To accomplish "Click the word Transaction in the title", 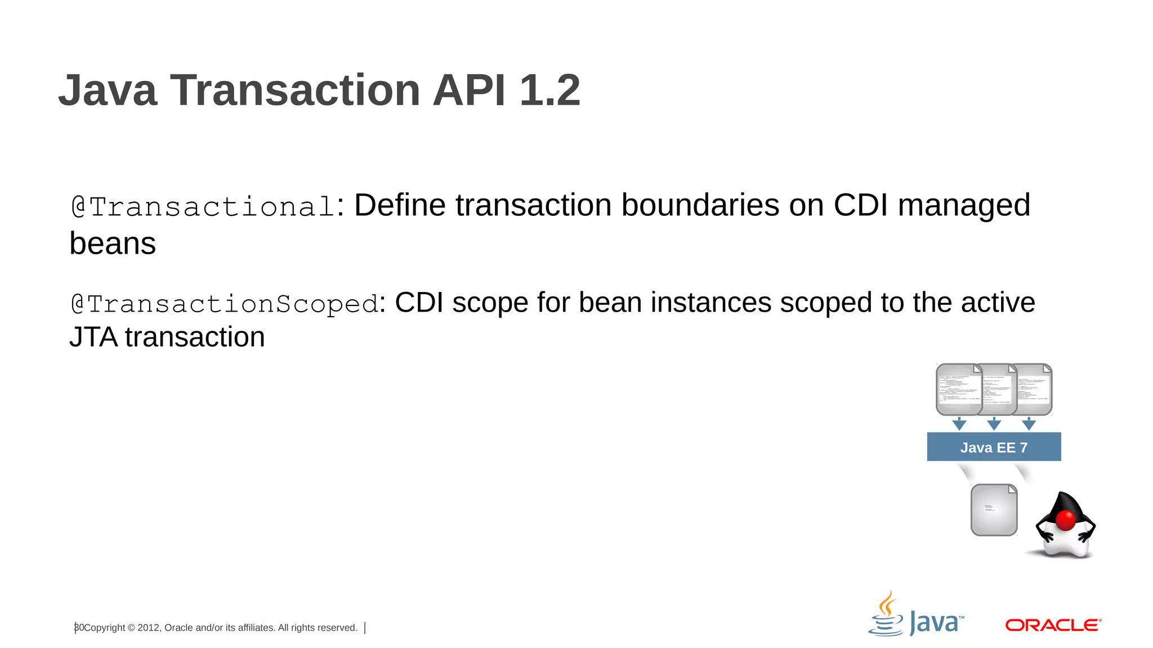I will pyautogui.click(x=294, y=90).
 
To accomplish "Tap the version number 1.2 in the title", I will pyautogui.click(x=549, y=90).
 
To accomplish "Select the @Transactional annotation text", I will pyautogui.click(x=203, y=206).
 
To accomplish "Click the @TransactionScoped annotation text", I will pyautogui.click(x=224, y=304).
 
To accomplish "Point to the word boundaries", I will pyautogui.click(x=700, y=205).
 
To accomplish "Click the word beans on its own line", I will pyautogui.click(x=113, y=244).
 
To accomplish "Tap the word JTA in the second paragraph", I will pyautogui.click(x=93, y=337).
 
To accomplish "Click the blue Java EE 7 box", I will pyautogui.click(x=994, y=447).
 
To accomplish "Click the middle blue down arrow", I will pyautogui.click(x=994, y=424).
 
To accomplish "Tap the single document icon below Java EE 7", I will pyautogui.click(x=994, y=510).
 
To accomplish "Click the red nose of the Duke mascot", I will pyautogui.click(x=1065, y=520).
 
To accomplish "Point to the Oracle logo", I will pyautogui.click(x=1053, y=625).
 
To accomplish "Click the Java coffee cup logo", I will pyautogui.click(x=887, y=614).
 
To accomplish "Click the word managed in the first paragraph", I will pyautogui.click(x=964, y=205).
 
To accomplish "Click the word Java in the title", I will pyautogui.click(x=108, y=90).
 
